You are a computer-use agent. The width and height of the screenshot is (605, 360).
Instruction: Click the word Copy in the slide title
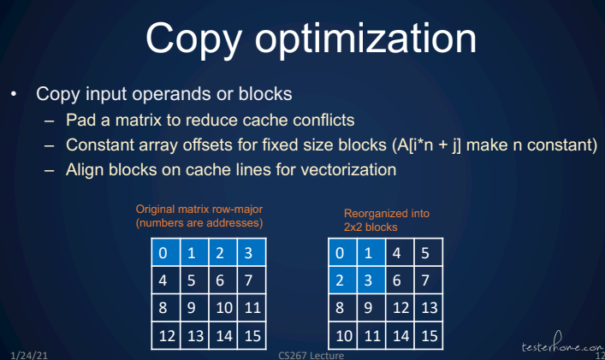[193, 39]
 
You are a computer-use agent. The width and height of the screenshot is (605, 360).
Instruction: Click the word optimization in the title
[365, 39]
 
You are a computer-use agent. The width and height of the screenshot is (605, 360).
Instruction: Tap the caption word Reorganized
[370, 214]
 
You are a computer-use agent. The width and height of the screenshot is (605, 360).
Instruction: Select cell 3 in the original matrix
[252, 252]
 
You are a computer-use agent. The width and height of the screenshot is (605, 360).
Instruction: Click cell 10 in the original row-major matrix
[223, 308]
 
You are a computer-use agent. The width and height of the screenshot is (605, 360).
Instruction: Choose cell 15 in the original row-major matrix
[252, 335]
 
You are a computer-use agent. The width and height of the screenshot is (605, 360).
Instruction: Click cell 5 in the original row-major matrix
[194, 280]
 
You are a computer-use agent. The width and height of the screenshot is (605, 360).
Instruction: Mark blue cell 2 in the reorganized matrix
[342, 280]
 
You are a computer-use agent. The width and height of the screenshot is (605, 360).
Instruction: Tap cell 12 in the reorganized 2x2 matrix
[400, 308]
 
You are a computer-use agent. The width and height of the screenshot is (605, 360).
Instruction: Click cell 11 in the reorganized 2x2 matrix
[371, 335]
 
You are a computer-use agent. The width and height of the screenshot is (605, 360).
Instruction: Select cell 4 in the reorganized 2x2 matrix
[400, 252]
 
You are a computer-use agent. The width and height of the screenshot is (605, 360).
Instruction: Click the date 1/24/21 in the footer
[29, 355]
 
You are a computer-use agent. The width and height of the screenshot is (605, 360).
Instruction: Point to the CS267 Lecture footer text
[311, 355]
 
